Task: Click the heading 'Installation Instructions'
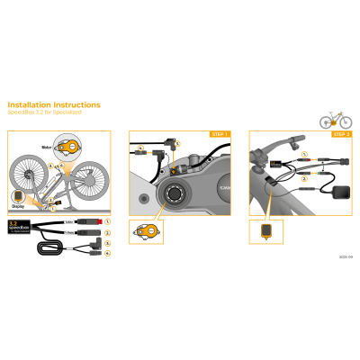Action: [54, 105]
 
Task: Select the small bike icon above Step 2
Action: [335, 119]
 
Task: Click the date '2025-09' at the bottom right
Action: [346, 256]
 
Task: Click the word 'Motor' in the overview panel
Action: [47, 145]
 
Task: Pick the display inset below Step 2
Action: [265, 232]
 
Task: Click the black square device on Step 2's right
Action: [343, 191]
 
